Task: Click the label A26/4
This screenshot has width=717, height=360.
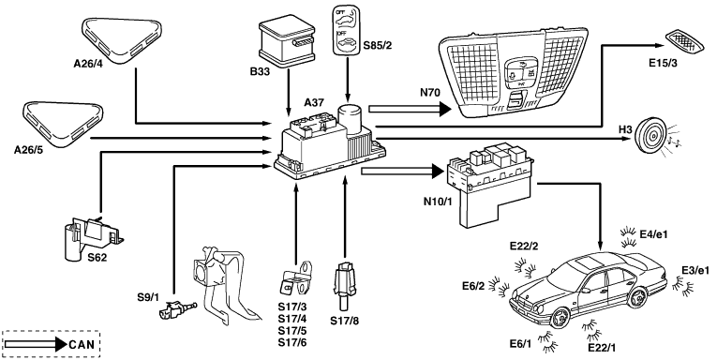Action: tap(88, 64)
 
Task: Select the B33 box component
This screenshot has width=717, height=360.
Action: tap(287, 39)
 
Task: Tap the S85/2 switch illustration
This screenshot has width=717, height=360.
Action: tap(347, 31)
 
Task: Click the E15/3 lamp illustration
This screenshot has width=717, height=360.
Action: tap(685, 42)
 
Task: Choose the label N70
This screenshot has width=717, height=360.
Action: tap(429, 93)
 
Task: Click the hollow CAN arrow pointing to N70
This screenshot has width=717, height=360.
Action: tap(410, 109)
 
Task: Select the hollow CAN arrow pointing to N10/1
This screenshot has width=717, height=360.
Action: tap(402, 172)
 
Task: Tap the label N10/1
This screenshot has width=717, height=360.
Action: tap(437, 202)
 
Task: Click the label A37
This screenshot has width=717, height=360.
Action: tap(314, 102)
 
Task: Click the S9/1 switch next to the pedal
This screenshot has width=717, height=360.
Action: tap(176, 310)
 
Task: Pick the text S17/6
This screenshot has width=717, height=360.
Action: tap(292, 342)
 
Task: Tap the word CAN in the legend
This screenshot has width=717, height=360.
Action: tap(82, 344)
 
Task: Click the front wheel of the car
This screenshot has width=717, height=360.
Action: tap(559, 317)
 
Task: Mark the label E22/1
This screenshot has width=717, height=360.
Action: tap(602, 347)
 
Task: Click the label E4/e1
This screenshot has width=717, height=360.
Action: tap(654, 234)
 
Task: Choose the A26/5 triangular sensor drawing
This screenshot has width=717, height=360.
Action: tap(63, 124)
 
